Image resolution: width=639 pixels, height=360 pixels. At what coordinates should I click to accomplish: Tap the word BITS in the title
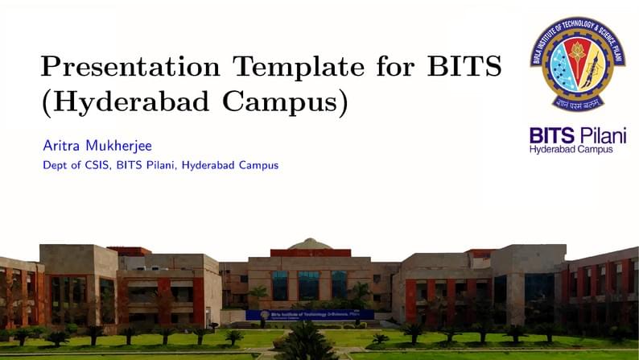(x=464, y=65)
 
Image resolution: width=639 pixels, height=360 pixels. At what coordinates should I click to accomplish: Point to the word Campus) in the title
(x=297, y=103)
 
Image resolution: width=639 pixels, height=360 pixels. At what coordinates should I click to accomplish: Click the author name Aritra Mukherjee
(x=97, y=146)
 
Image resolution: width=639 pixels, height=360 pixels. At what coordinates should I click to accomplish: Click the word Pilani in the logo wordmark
(x=603, y=134)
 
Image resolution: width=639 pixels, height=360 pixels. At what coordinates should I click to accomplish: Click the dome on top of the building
(x=310, y=243)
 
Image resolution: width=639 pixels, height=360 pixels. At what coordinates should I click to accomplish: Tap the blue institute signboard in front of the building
(x=310, y=315)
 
